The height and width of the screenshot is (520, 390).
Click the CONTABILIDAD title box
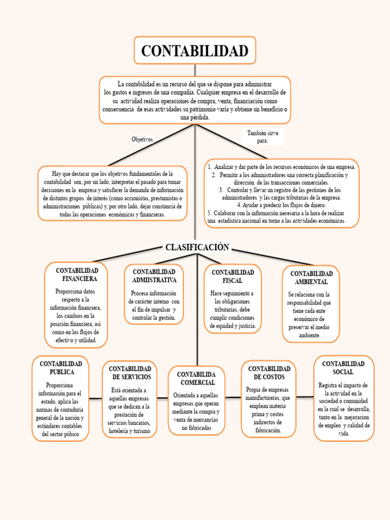pyautogui.click(x=194, y=51)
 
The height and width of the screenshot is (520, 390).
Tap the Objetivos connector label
pyautogui.click(x=142, y=139)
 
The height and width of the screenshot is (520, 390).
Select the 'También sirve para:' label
pyautogui.click(x=263, y=137)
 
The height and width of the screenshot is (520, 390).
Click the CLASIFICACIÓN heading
pyautogui.click(x=197, y=247)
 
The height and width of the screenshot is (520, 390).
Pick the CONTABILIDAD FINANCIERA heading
pyautogui.click(x=77, y=275)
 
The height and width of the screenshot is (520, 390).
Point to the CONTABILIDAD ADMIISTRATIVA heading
pyautogui.click(x=154, y=276)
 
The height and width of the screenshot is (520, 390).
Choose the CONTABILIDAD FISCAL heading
pyautogui.click(x=233, y=276)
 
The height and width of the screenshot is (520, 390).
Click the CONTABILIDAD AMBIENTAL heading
pyautogui.click(x=311, y=277)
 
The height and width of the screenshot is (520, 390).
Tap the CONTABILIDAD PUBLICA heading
pyautogui.click(x=61, y=368)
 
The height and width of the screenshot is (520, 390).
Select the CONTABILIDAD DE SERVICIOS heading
pyautogui.click(x=130, y=373)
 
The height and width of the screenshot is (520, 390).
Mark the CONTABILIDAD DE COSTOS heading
pyautogui.click(x=269, y=373)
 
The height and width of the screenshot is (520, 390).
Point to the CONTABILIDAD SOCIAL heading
pyautogui.click(x=343, y=368)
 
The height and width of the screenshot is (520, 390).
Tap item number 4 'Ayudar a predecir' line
pyautogui.click(x=281, y=205)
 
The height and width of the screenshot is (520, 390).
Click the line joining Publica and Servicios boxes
pyautogui.click(x=95, y=398)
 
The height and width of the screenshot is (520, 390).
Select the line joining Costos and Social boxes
pyautogui.click(x=305, y=397)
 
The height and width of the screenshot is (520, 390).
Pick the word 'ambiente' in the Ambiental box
pyautogui.click(x=309, y=335)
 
